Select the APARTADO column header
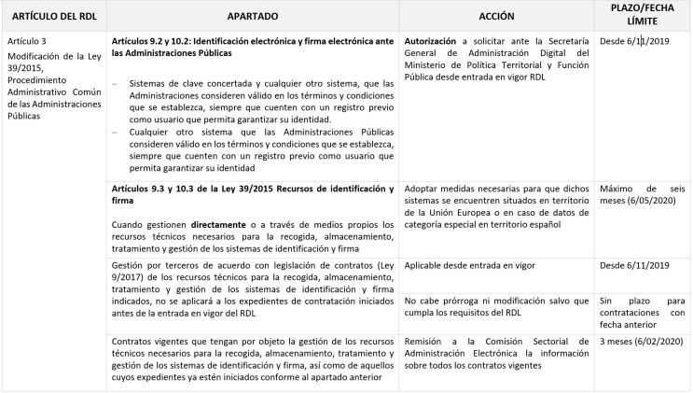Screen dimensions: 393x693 (253, 17)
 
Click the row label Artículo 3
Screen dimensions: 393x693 (26, 43)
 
